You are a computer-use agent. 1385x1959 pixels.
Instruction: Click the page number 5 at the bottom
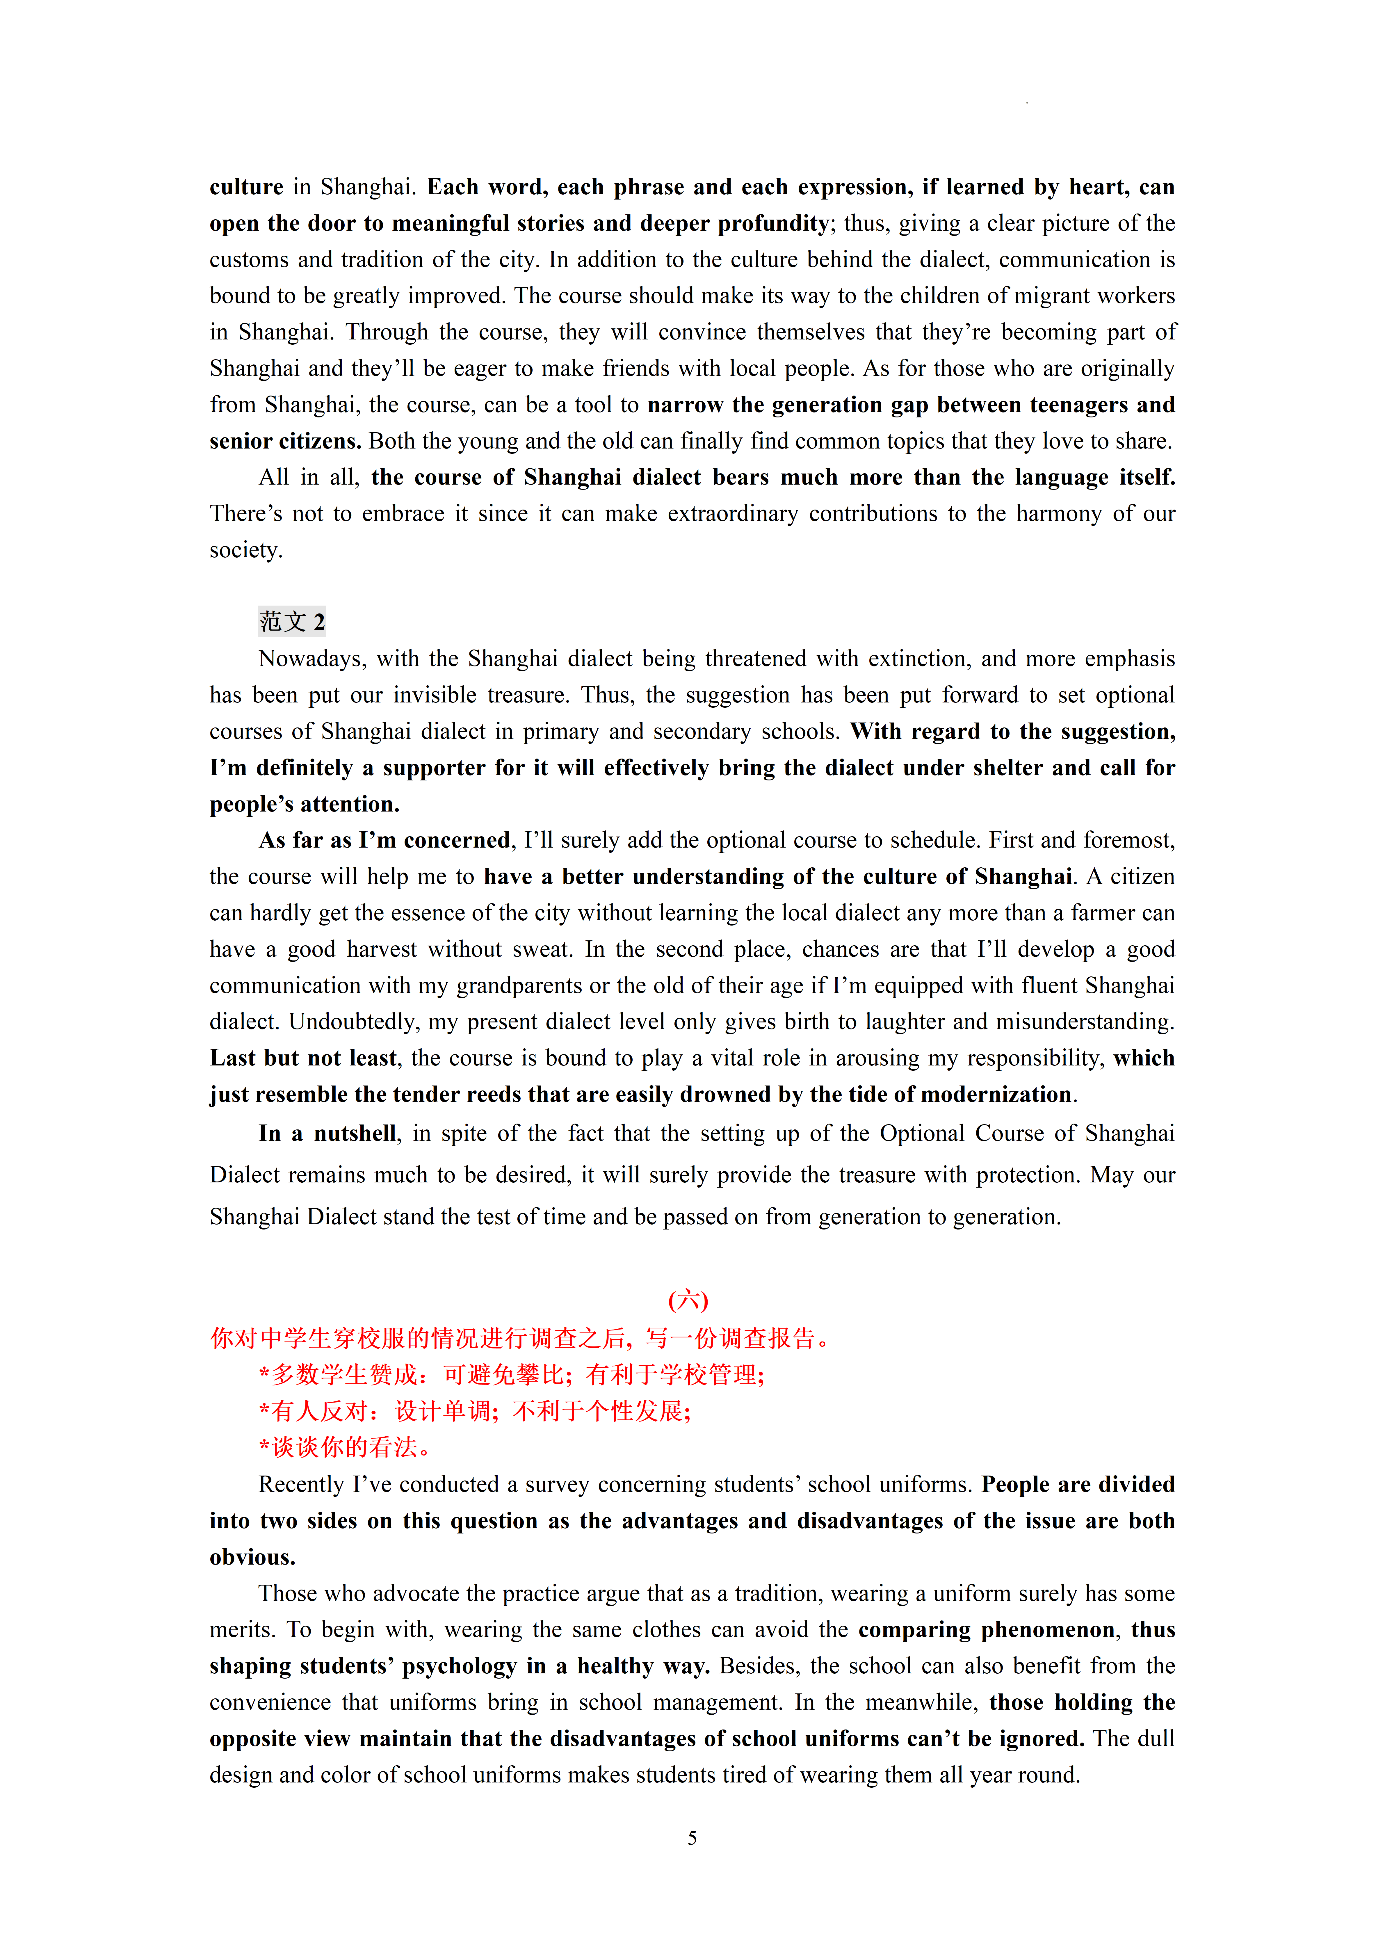(692, 1838)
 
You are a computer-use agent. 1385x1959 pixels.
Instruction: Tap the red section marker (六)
(688, 1300)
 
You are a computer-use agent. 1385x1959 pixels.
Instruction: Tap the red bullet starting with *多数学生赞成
(511, 1375)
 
